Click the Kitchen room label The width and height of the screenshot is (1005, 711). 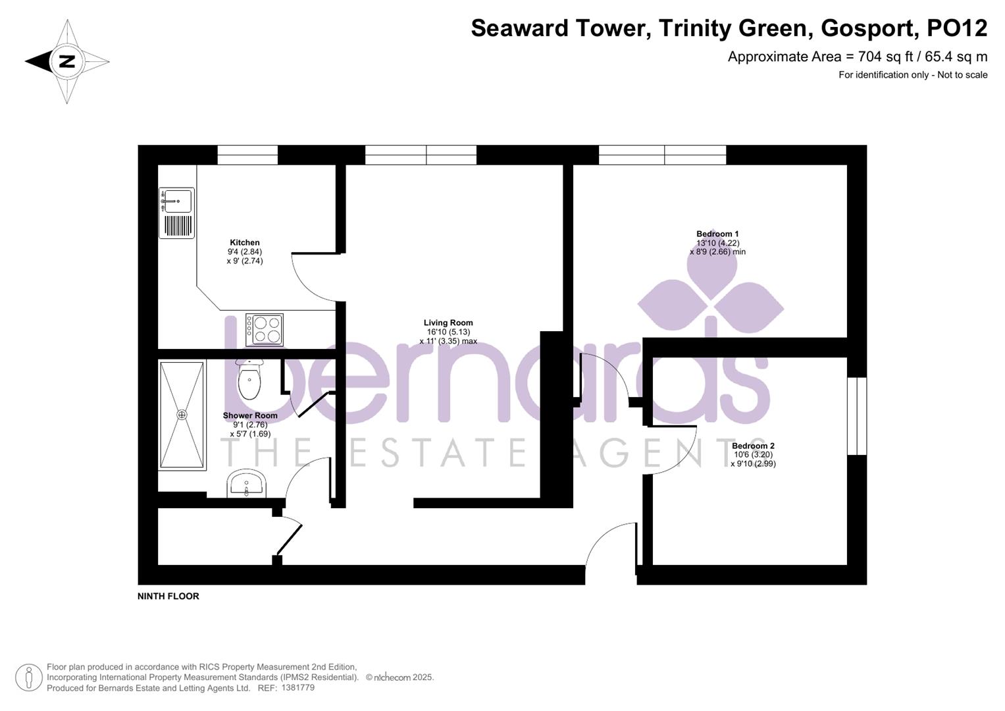[244, 242]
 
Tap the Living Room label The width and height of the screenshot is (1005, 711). [448, 323]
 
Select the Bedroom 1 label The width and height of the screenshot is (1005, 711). [717, 234]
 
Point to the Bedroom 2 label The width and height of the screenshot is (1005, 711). [753, 446]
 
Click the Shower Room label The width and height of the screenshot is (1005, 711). [250, 415]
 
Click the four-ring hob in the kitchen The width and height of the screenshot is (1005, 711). [265, 329]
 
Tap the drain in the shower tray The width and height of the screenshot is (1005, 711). [182, 415]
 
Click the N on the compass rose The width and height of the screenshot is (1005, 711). [66, 62]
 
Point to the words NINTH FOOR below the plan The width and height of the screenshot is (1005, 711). [168, 596]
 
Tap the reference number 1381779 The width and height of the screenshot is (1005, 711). [297, 688]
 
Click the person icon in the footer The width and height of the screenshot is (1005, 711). [28, 677]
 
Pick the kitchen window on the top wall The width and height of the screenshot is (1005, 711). [247, 155]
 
